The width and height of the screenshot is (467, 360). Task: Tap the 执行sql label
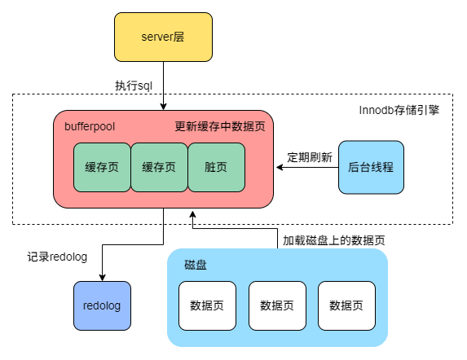pyautogui.click(x=134, y=85)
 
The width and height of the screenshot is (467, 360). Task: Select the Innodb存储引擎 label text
pyautogui.click(x=399, y=110)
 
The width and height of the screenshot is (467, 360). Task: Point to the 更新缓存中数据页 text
pyautogui.click(x=219, y=127)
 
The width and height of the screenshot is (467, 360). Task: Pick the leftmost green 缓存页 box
pyautogui.click(x=102, y=167)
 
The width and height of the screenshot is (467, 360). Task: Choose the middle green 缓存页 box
pyautogui.click(x=159, y=167)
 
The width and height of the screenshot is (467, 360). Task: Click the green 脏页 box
pyautogui.click(x=216, y=167)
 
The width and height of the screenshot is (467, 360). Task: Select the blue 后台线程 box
pyautogui.click(x=371, y=167)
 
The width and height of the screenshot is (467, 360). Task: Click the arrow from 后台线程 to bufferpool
pyautogui.click(x=306, y=167)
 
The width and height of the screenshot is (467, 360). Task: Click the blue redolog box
pyautogui.click(x=102, y=305)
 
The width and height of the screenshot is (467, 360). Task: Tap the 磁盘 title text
pyautogui.click(x=196, y=266)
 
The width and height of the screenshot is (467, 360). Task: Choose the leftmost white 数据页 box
pyautogui.click(x=207, y=305)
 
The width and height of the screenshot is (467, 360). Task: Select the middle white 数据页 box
pyautogui.click(x=277, y=305)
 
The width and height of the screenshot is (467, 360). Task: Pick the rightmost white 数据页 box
pyautogui.click(x=346, y=305)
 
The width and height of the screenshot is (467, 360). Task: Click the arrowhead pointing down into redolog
pyautogui.click(x=102, y=277)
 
